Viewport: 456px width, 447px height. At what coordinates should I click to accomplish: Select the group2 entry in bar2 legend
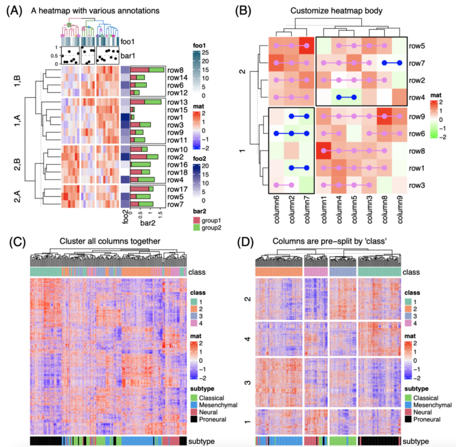tap(209, 228)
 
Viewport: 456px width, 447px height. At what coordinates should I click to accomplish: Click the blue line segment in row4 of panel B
tap(347, 97)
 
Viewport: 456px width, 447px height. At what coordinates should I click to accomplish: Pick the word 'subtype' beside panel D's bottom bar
tap(419, 441)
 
